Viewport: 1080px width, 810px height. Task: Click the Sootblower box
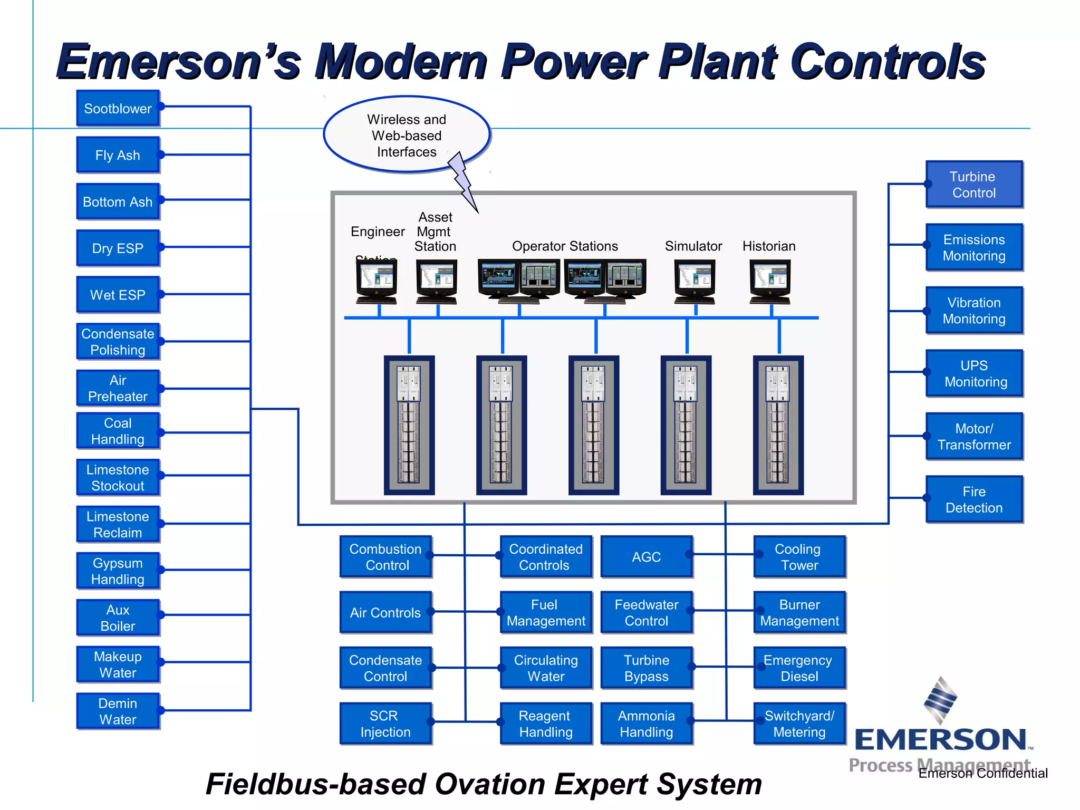(118, 108)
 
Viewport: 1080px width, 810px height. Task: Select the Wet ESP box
(118, 295)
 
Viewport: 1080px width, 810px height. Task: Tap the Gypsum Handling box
(118, 571)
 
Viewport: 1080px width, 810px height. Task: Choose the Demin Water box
(118, 711)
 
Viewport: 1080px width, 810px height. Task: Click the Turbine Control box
(973, 185)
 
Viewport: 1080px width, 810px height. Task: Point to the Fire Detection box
(973, 499)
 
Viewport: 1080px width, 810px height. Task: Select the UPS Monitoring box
(973, 373)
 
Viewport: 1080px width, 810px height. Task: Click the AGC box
(646, 557)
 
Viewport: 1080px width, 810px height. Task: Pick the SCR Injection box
(385, 724)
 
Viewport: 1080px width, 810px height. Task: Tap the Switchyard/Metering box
(799, 724)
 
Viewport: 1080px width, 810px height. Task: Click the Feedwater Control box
(646, 612)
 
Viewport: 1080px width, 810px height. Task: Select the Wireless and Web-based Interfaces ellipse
(406, 135)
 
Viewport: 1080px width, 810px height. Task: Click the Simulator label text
(693, 246)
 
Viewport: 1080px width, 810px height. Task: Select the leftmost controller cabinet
(409, 425)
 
